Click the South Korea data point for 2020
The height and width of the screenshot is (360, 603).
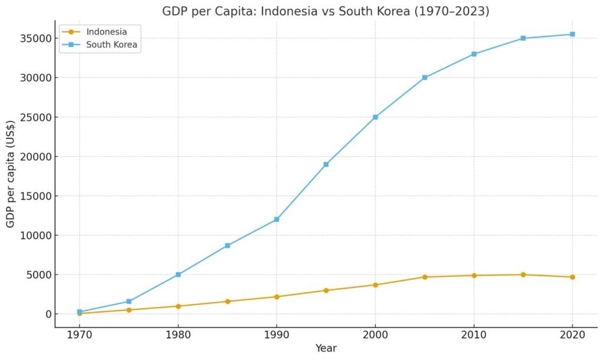click(x=572, y=34)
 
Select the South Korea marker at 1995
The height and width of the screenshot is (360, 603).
click(x=326, y=164)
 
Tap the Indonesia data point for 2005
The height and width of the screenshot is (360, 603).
click(x=424, y=277)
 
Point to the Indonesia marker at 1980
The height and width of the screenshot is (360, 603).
click(x=178, y=306)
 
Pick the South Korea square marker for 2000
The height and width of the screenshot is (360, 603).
click(x=375, y=117)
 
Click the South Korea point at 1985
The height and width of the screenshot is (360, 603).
click(x=227, y=246)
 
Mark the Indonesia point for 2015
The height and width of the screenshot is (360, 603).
click(x=523, y=275)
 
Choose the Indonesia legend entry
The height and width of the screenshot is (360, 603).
click(x=106, y=31)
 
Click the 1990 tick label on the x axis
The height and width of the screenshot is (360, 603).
click(x=276, y=335)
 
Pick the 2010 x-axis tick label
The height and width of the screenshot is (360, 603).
click(x=473, y=335)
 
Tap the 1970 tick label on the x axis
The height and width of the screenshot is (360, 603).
click(x=79, y=335)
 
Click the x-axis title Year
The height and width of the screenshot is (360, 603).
click(x=326, y=349)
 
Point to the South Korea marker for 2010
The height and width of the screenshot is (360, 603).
click(x=473, y=54)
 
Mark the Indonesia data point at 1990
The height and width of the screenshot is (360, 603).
click(x=276, y=296)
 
